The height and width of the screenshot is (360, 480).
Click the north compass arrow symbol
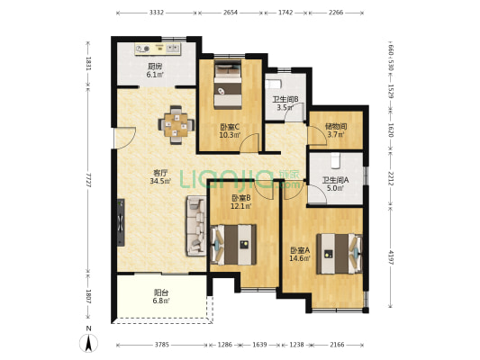pos(88,343)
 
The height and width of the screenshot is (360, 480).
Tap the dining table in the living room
pos(176,125)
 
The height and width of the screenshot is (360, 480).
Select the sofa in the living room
pos(196,226)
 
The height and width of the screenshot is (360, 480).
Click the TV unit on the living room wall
pos(121,222)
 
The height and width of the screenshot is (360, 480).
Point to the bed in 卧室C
pos(228,84)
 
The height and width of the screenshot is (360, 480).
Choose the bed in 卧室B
pos(234,245)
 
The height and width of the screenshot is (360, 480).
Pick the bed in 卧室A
pos(340,254)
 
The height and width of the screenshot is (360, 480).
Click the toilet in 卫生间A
pos(336,160)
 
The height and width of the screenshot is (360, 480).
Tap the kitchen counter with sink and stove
pos(158,49)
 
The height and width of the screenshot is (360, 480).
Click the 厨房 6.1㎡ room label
pos(155,71)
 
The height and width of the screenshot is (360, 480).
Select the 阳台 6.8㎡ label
pos(161,297)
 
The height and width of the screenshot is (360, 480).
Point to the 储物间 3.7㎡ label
pos(336,130)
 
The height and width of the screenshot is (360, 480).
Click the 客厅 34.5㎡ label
pos(159,176)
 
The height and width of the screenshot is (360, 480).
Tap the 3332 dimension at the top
pos(157,13)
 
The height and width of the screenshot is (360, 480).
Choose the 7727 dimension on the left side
pos(88,180)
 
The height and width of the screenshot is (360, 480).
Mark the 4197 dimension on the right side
pos(391,256)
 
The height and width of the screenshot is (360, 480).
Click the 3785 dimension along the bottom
pos(161,345)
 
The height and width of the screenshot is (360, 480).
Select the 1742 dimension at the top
pos(285,13)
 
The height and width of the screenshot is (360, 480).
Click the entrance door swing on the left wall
pos(124,138)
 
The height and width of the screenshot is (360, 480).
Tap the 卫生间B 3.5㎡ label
pos(285,103)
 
